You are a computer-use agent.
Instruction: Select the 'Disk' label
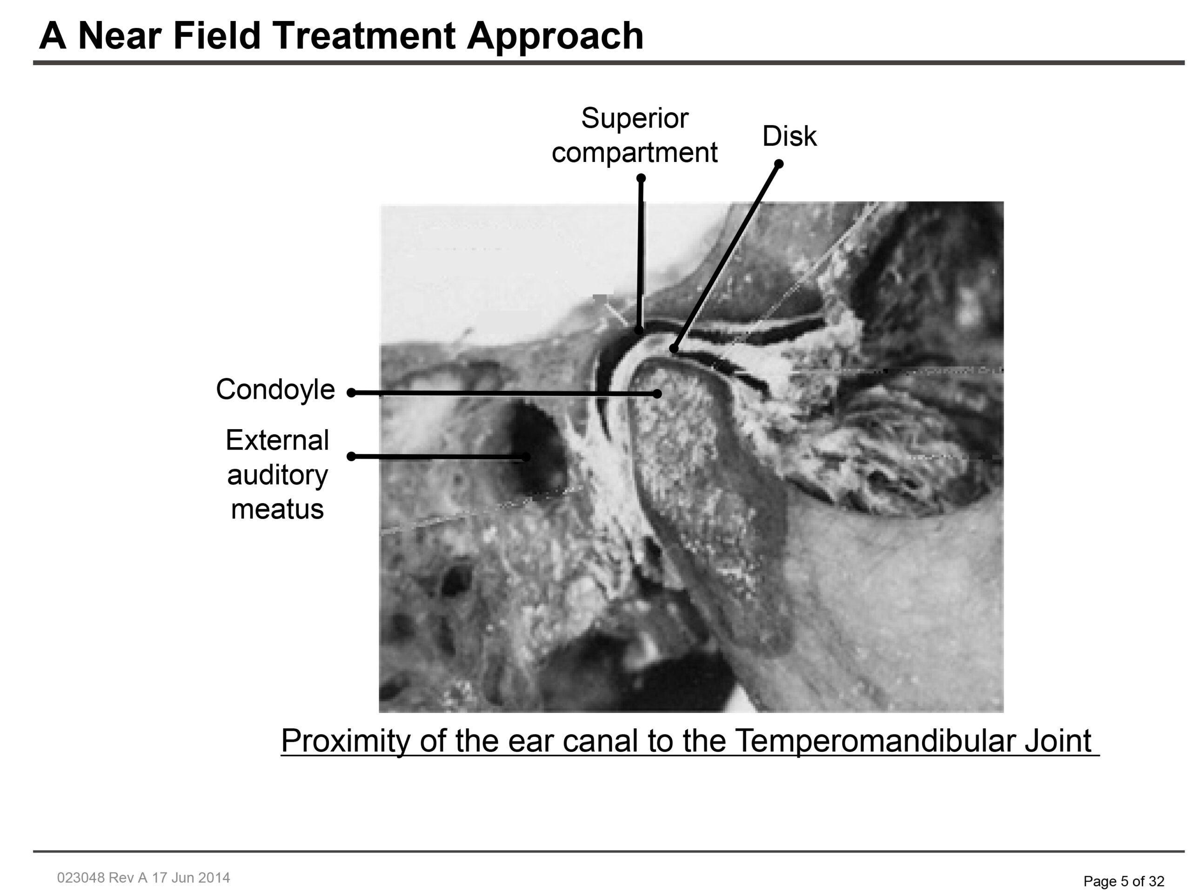click(x=790, y=136)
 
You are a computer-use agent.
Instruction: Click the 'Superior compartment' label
click(x=635, y=135)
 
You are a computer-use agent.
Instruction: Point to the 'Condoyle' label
click(x=275, y=390)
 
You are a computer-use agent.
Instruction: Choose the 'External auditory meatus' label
click(x=277, y=475)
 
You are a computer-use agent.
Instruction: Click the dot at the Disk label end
click(x=778, y=164)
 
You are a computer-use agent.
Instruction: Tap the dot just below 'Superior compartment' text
click(x=641, y=178)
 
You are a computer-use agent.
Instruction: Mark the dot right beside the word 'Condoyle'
click(x=352, y=393)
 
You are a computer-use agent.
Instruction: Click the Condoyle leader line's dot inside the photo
click(x=657, y=394)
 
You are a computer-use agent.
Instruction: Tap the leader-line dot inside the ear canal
click(x=526, y=457)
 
